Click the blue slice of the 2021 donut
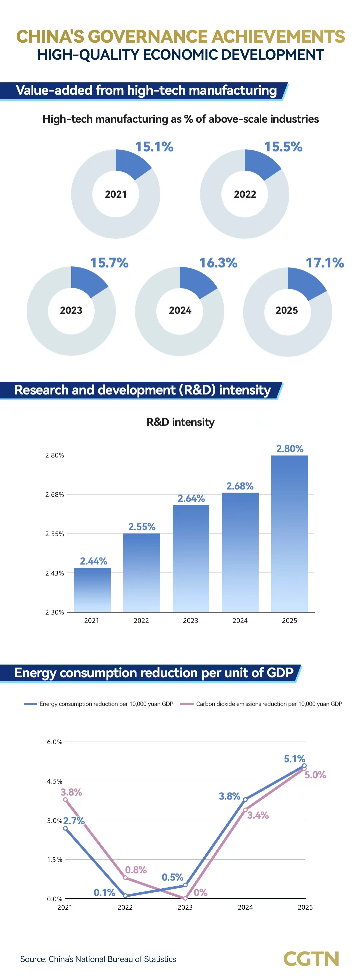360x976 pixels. tap(131, 164)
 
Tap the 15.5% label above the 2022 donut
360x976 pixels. tap(283, 147)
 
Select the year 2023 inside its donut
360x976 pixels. tap(71, 310)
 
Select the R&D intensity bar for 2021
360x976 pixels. tap(92, 590)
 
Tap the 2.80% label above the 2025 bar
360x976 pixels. tap(290, 448)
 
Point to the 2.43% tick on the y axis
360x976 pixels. tap(55, 573)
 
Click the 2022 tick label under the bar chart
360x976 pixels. tap(141, 621)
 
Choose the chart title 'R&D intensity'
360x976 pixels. tap(180, 422)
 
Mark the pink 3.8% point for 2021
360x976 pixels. tap(66, 800)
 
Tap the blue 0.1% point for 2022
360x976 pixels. tap(125, 896)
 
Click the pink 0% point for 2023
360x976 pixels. tap(185, 898)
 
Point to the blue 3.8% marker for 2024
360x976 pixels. tap(245, 800)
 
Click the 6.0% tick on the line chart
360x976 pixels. tap(55, 742)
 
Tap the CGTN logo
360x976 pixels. tap(311, 959)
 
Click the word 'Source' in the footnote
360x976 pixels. tap(33, 959)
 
